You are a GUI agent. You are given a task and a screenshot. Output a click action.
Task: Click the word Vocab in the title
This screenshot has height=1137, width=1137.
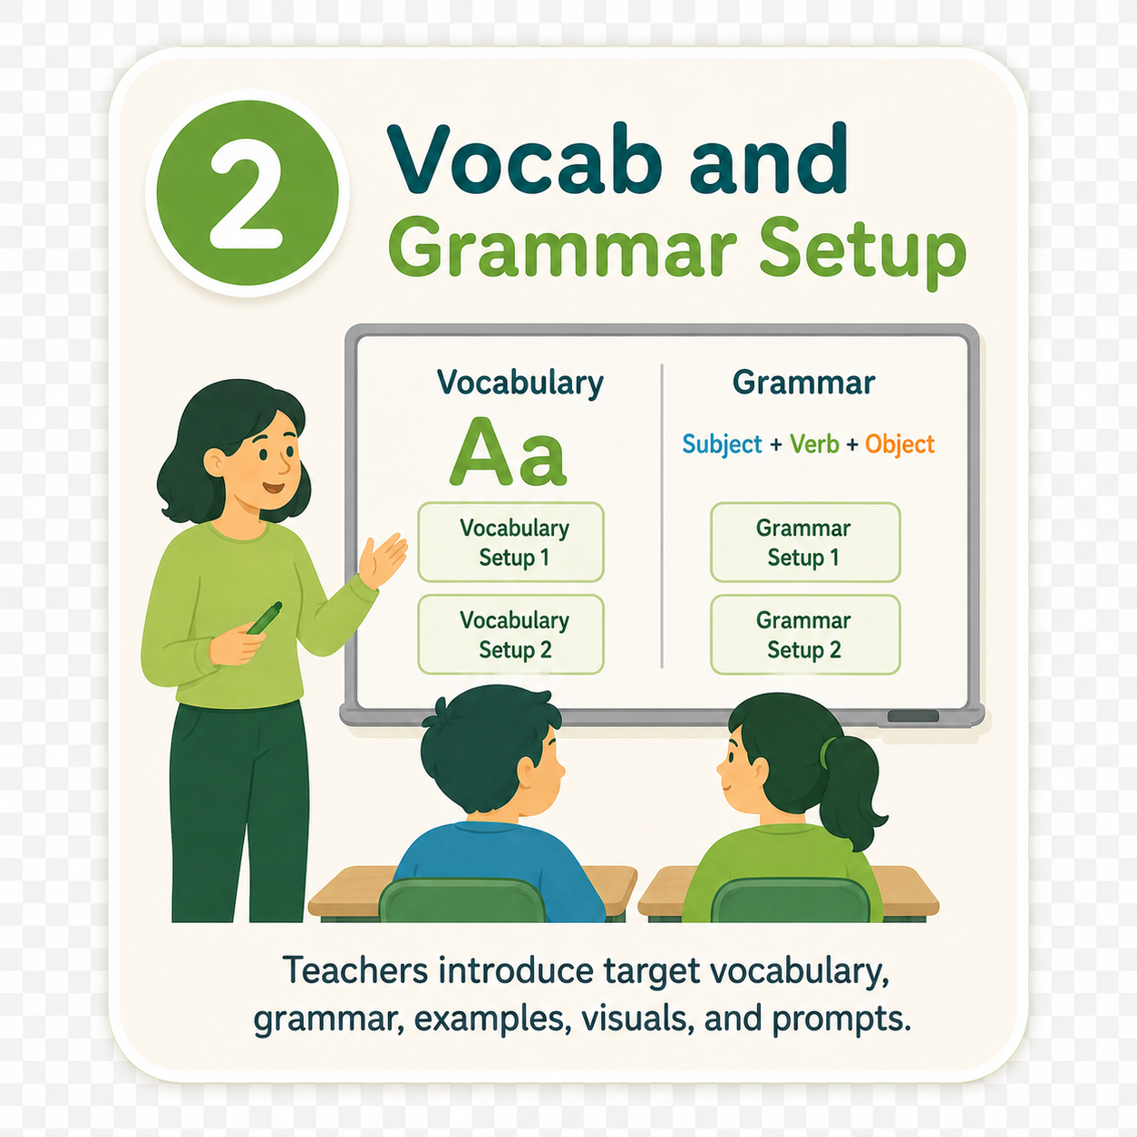coord(524,159)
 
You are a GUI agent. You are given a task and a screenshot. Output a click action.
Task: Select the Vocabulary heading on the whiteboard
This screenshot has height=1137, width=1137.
coord(520,383)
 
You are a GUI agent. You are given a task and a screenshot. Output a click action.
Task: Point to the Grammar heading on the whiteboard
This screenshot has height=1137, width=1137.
coord(803,383)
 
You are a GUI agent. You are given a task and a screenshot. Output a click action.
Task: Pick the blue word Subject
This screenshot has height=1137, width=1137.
coord(722,444)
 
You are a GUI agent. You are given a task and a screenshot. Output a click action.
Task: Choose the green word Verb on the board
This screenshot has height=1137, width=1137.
coord(814,443)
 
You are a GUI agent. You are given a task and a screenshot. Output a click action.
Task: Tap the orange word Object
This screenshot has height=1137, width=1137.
coord(899,444)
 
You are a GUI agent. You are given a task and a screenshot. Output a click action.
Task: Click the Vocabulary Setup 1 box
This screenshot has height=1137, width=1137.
coord(511,542)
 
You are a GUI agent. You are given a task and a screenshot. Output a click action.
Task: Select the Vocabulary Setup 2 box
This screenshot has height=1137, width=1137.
coord(511,635)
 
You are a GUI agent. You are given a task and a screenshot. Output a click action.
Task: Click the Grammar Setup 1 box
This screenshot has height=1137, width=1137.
coord(805,542)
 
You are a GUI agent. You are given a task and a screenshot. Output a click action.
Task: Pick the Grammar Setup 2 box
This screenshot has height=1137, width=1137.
coord(805,635)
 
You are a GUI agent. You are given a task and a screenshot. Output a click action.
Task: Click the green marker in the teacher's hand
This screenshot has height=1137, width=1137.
coord(265,618)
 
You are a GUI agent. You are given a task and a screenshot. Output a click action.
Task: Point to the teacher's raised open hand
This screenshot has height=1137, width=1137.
coord(383,559)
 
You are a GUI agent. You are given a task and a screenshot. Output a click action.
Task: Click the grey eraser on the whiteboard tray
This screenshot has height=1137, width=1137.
coord(913,716)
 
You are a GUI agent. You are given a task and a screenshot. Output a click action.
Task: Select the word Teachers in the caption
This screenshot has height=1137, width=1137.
coord(355,970)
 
